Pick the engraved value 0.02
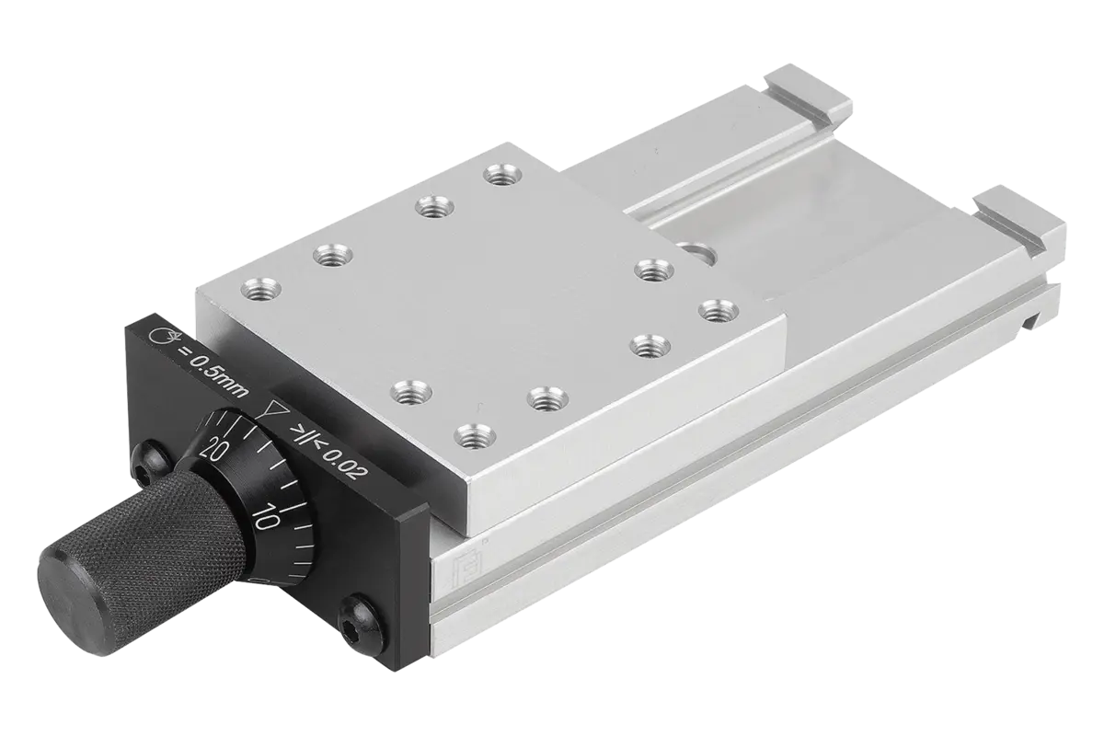click(x=345, y=465)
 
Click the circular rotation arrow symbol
click(x=163, y=337)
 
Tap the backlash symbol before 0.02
click(x=305, y=436)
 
